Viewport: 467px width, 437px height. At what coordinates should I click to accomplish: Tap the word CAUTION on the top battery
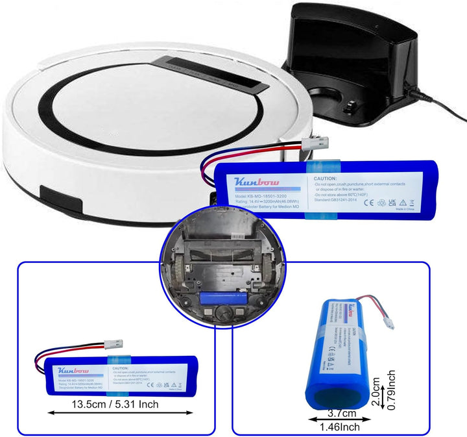(x=325, y=178)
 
